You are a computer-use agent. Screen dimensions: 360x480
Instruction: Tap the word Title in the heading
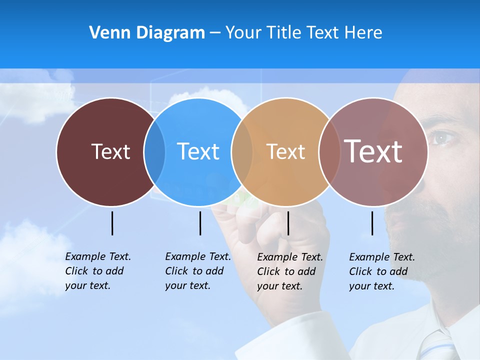coord(285,33)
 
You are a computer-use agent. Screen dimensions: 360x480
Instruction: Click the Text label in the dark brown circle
coord(110,151)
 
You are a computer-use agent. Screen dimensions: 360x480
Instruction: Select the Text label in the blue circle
coord(198,151)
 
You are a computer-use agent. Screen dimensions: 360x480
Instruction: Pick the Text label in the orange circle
coord(285,151)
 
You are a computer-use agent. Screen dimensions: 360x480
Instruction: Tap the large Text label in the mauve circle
coord(373,151)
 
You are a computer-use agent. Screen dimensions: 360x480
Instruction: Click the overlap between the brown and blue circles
coord(154,151)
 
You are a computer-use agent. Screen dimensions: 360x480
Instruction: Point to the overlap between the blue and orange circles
coord(242,151)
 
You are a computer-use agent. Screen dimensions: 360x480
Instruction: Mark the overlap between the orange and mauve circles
coord(328,151)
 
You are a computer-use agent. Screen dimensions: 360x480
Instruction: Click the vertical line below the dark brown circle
coord(112,223)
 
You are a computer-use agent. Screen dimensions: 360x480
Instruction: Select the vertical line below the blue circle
coord(200,223)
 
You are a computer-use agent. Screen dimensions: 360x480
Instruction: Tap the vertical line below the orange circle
coord(288,223)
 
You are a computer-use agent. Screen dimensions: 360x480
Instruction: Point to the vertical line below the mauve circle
coord(372,223)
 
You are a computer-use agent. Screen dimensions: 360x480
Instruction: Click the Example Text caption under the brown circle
coord(97,271)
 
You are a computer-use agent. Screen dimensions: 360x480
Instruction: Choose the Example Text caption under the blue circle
coord(197,271)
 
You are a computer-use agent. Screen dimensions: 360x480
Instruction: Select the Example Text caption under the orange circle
coord(289,271)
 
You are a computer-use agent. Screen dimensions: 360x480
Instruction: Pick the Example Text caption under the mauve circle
coord(381,271)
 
